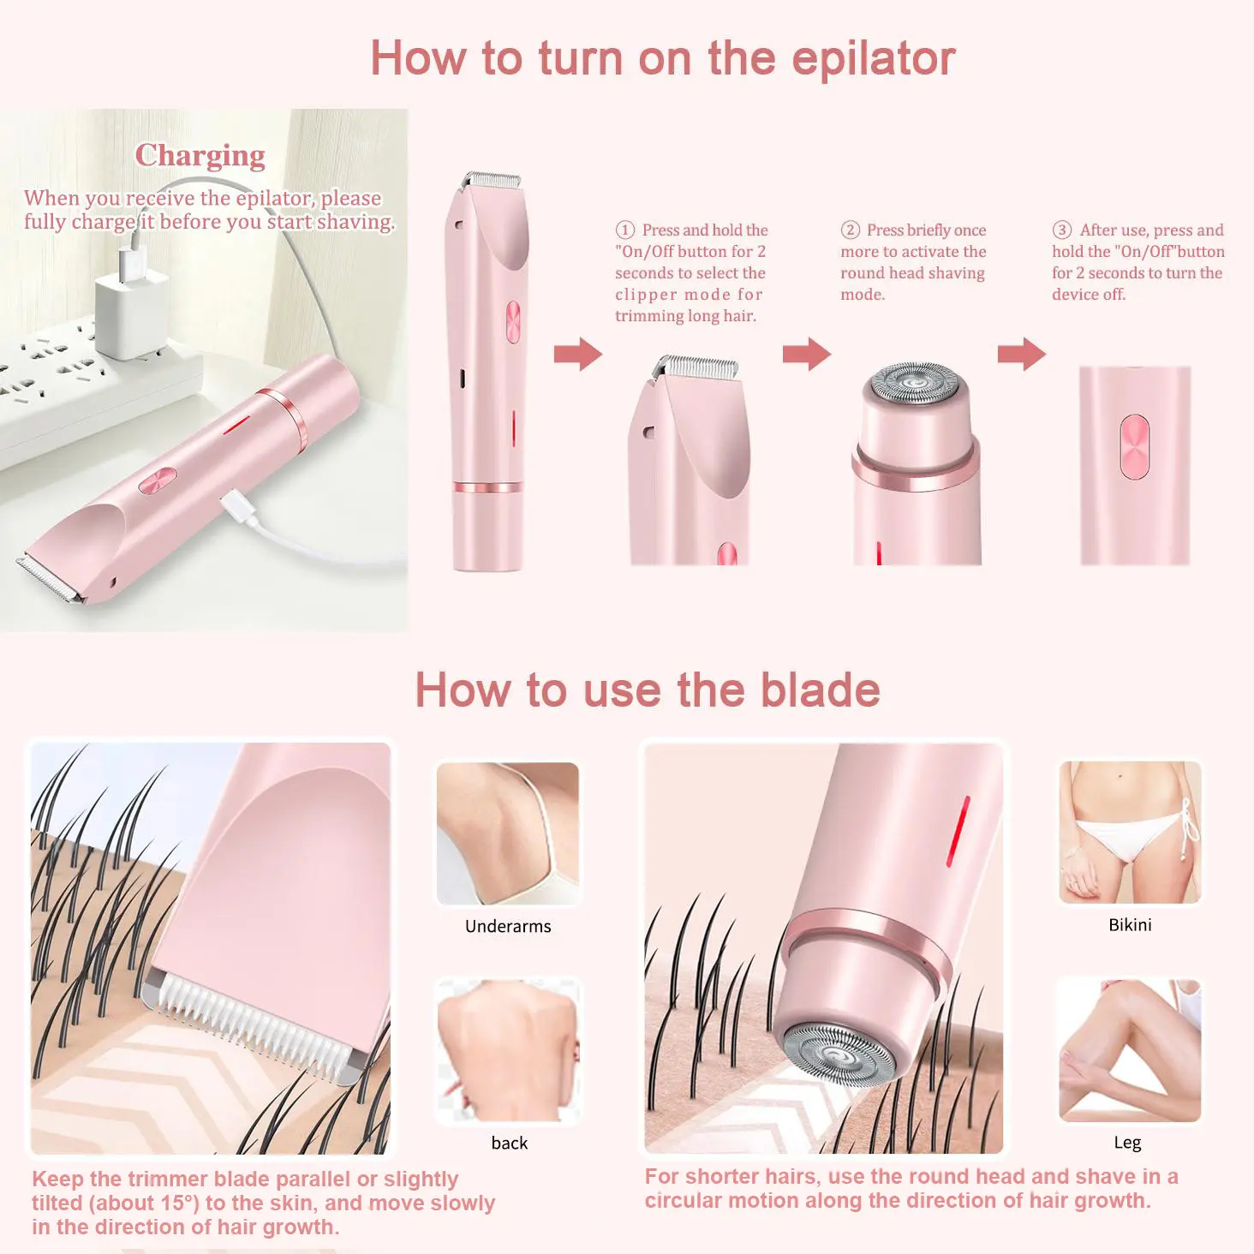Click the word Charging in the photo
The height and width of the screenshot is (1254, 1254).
[x=200, y=156]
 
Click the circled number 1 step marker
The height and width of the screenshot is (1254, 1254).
[x=624, y=230]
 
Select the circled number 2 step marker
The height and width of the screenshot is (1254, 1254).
[x=850, y=230]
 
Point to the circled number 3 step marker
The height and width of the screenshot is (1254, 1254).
[x=1061, y=230]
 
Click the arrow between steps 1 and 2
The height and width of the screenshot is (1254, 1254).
[x=806, y=354]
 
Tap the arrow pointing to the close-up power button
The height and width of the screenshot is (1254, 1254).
[x=1021, y=354]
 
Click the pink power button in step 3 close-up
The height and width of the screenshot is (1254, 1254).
[x=1134, y=446]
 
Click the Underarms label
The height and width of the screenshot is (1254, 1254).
[x=508, y=926]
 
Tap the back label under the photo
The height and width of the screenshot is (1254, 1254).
[x=509, y=1143]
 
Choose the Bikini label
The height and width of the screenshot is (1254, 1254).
[x=1130, y=925]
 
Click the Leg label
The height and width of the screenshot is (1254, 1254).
[x=1127, y=1144]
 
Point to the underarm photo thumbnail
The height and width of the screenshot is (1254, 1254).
[x=507, y=833]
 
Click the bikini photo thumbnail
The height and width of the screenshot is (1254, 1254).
[x=1130, y=833]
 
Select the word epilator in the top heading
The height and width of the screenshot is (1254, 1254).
[x=874, y=60]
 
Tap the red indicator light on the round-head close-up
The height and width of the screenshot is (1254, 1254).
[x=958, y=831]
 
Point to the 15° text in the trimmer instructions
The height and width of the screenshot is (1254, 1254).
[x=180, y=1203]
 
